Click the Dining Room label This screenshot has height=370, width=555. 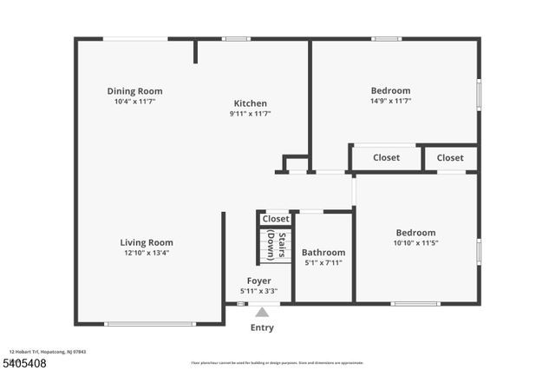click(x=134, y=91)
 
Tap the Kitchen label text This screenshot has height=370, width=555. click(x=250, y=103)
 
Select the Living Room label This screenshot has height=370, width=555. click(x=147, y=243)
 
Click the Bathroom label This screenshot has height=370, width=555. click(x=323, y=253)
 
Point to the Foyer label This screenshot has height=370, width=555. click(x=258, y=281)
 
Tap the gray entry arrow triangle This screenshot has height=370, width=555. click(x=262, y=312)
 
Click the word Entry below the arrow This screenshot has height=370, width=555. click(x=262, y=327)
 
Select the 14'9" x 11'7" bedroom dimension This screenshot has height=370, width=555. click(x=390, y=101)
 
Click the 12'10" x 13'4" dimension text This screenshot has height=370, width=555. click(x=147, y=253)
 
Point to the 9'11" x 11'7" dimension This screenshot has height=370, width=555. click(x=250, y=113)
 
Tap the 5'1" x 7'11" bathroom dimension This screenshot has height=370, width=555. click(x=323, y=262)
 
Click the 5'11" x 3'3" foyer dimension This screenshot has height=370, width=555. click(x=258, y=291)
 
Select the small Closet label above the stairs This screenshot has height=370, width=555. click(x=276, y=219)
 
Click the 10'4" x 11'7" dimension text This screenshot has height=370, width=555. click(x=134, y=101)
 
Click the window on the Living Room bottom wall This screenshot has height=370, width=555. click(x=150, y=324)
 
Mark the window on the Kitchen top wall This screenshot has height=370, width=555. click(x=236, y=38)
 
